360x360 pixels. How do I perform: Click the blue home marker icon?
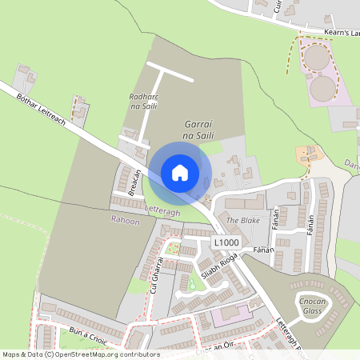click(180, 173)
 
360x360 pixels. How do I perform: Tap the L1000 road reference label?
click(226, 241)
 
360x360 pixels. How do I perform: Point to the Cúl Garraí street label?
click(158, 274)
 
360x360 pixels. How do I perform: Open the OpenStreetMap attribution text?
click(81, 354)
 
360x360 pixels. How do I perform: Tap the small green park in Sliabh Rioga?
click(192, 282)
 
